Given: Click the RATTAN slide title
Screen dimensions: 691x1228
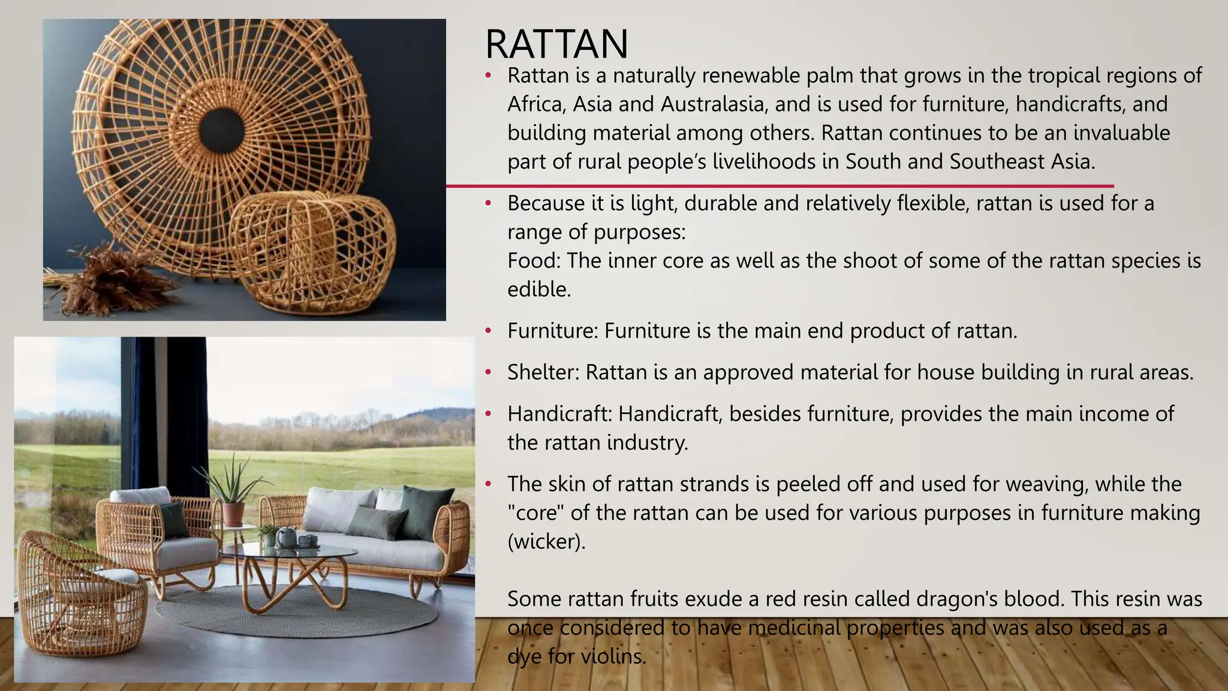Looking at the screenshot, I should (556, 44).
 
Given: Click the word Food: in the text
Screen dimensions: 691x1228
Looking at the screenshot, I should (534, 261).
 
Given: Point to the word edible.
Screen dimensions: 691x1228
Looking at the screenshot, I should (538, 290).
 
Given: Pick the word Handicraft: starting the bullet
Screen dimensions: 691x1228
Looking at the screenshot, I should (559, 414).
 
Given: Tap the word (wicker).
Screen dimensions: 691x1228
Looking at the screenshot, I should (546, 542).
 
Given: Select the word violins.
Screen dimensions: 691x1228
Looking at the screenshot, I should (613, 656).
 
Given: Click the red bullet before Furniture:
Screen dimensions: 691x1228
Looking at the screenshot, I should (489, 331).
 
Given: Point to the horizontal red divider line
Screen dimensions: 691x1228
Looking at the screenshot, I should (779, 186).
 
